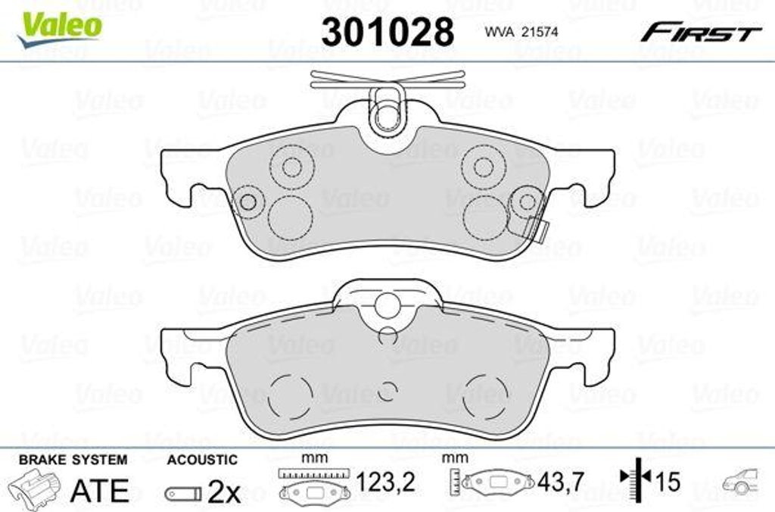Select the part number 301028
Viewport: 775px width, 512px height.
coord(387,32)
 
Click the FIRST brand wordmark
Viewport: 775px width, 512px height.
coord(701,33)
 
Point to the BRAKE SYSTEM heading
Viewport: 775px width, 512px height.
coord(72,460)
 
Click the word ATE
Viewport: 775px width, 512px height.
coord(99,491)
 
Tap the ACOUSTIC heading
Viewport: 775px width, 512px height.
coord(202,460)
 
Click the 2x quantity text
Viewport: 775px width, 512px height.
coord(223,493)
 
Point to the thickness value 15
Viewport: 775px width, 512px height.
coord(670,481)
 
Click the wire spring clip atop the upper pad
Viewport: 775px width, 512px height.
coord(387,78)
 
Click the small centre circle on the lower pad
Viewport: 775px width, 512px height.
coord(387,390)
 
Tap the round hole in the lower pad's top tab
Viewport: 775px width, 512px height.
coord(387,305)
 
